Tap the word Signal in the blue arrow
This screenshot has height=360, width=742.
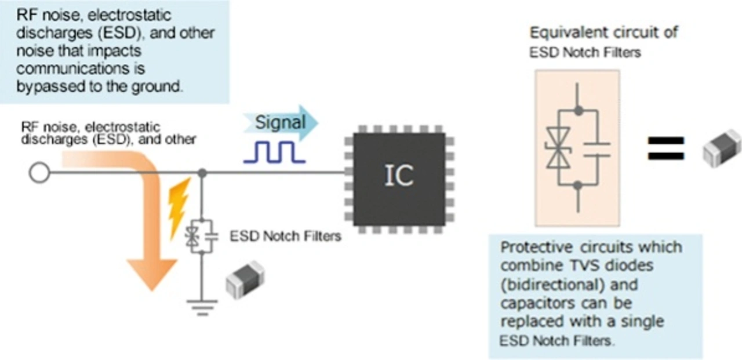[281, 123]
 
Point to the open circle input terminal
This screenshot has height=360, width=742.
[39, 173]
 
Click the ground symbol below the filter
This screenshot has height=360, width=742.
[202, 306]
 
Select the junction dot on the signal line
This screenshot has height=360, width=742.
[202, 173]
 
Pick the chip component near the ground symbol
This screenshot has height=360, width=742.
[245, 279]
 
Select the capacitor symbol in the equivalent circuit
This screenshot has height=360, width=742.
[596, 148]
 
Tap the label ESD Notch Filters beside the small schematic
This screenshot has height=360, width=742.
[285, 237]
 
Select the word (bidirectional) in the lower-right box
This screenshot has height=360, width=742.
[544, 285]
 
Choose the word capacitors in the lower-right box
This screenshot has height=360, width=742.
[534, 303]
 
